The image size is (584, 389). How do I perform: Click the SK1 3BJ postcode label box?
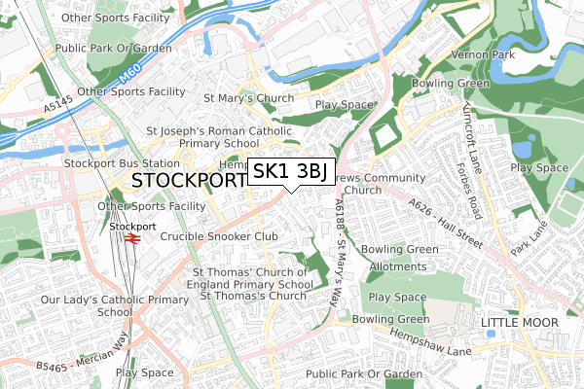click(x=292, y=172)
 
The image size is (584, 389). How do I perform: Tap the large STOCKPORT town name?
click(x=188, y=182)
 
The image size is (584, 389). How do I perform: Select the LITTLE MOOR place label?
click(x=520, y=322)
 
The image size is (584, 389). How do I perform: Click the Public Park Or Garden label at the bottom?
click(x=363, y=373)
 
